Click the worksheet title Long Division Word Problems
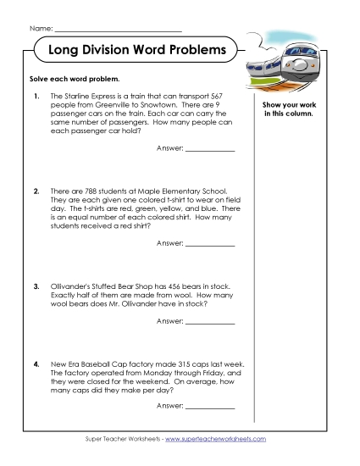[136, 50]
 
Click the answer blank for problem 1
[209, 149]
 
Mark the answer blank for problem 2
[209, 244]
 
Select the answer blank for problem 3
[209, 323]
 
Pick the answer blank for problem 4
[209, 408]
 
